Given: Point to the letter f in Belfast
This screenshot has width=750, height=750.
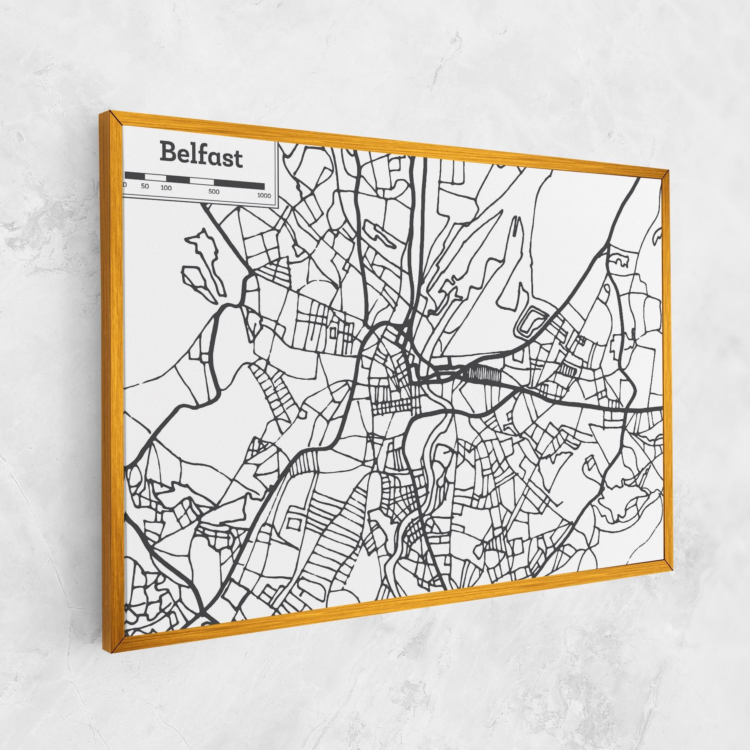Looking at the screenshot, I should pyautogui.click(x=199, y=155).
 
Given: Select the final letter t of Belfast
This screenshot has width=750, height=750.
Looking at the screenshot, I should pyautogui.click(x=238, y=160).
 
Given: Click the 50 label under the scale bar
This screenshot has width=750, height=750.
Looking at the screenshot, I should pyautogui.click(x=145, y=186).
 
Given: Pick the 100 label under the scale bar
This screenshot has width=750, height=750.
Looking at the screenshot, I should pyautogui.click(x=166, y=188).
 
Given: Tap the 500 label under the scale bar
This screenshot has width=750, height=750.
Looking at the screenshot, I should pyautogui.click(x=214, y=192).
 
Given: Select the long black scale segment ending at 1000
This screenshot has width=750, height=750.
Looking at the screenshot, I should pyautogui.click(x=239, y=184).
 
